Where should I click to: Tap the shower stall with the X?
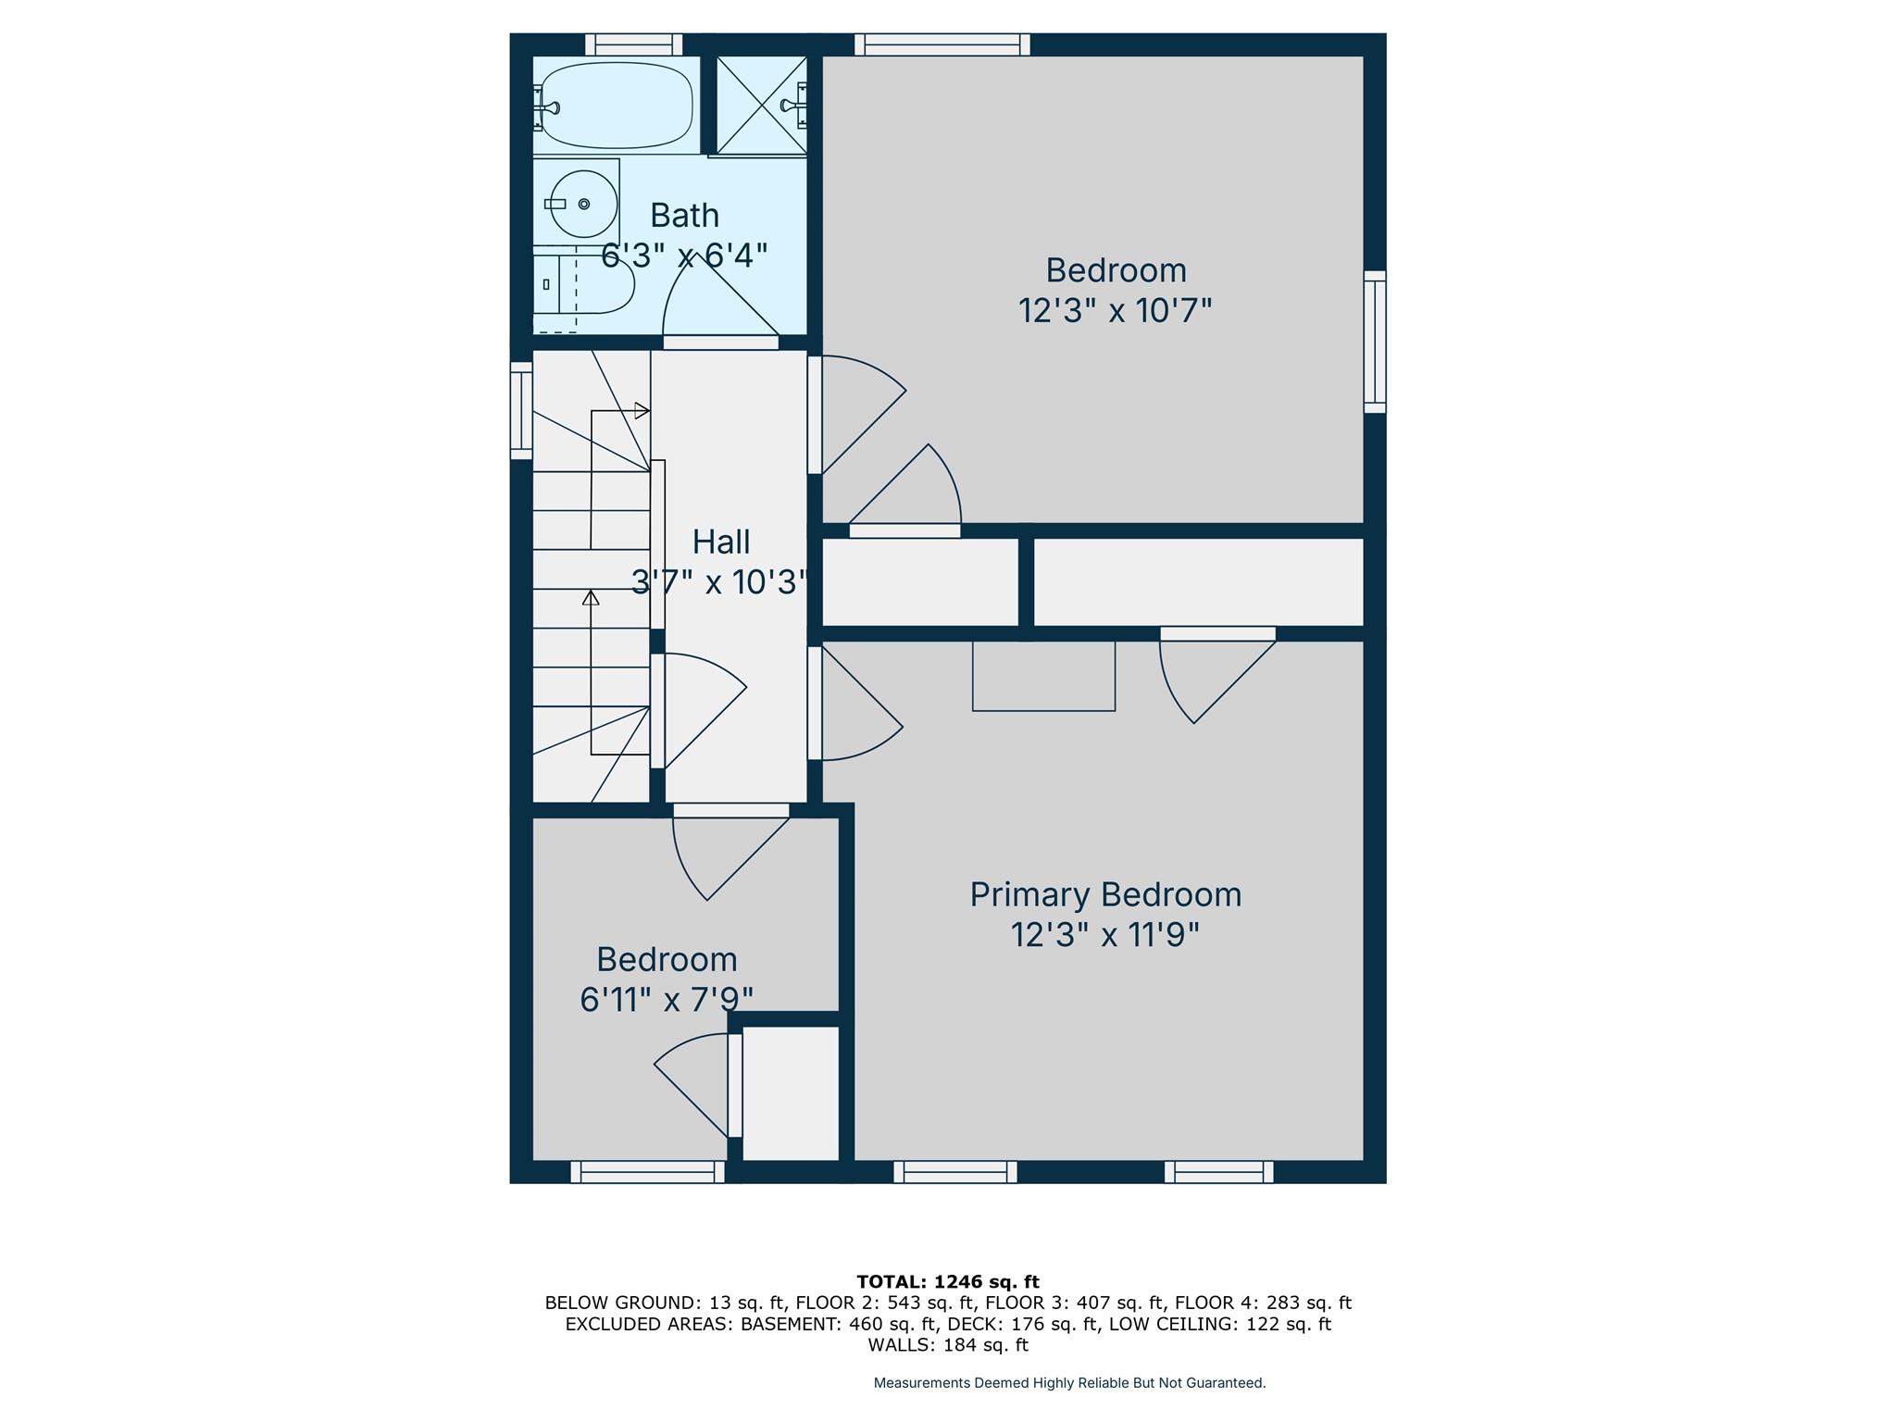(762, 105)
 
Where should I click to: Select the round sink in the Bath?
(583, 204)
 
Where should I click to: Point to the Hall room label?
(721, 542)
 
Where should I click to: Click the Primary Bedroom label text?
(1105, 894)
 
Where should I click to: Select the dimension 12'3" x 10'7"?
(1116, 310)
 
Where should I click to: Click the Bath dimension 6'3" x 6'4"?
(684, 255)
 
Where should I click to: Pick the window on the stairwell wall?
(522, 411)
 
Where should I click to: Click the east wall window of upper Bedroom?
(1375, 342)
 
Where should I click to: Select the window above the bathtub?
(634, 44)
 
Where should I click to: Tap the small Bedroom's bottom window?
(648, 1172)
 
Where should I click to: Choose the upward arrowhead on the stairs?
(591, 597)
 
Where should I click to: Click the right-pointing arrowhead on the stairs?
(642, 410)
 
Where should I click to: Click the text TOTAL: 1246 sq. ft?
(948, 1282)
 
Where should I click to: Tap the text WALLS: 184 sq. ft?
(948, 1345)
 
